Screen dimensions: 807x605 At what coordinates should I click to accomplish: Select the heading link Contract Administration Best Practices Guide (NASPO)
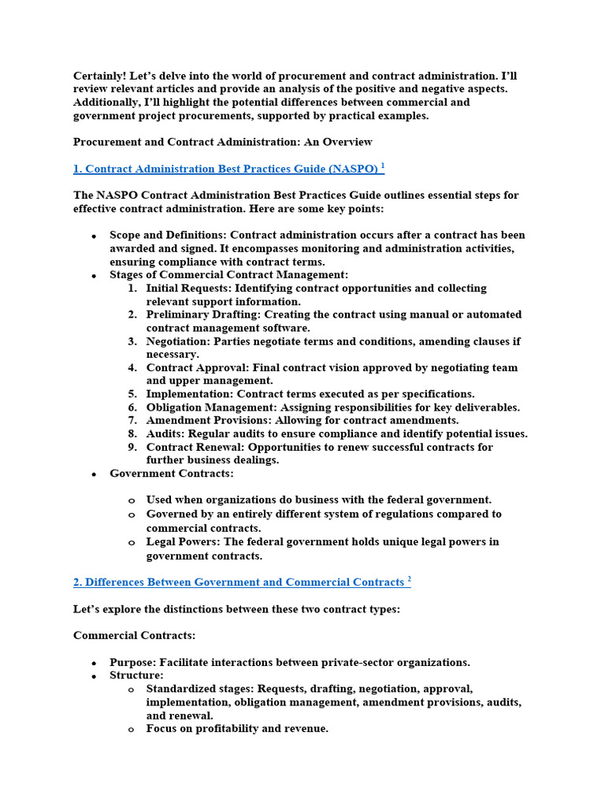228,169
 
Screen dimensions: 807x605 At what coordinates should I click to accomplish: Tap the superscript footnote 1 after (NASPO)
383,165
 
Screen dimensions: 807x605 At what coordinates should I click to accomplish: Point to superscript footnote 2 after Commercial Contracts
409,579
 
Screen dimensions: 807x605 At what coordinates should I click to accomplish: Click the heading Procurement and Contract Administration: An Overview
223,142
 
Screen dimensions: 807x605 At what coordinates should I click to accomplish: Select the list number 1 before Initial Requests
132,288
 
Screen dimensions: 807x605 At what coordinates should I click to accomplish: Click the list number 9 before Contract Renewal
132,447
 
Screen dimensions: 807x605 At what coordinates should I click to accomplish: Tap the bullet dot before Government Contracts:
94,474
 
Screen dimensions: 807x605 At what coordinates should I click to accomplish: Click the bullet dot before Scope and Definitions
94,236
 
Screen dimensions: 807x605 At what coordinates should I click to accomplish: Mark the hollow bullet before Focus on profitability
131,730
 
